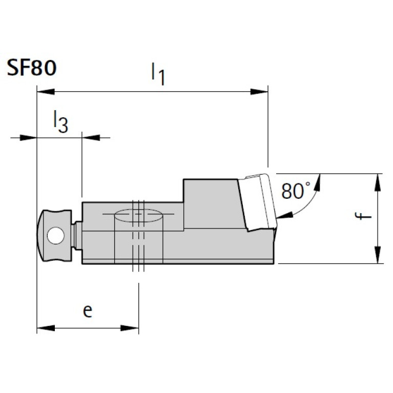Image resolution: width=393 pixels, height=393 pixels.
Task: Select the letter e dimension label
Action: pyautogui.click(x=88, y=311)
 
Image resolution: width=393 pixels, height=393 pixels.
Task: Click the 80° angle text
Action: pyautogui.click(x=296, y=191)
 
